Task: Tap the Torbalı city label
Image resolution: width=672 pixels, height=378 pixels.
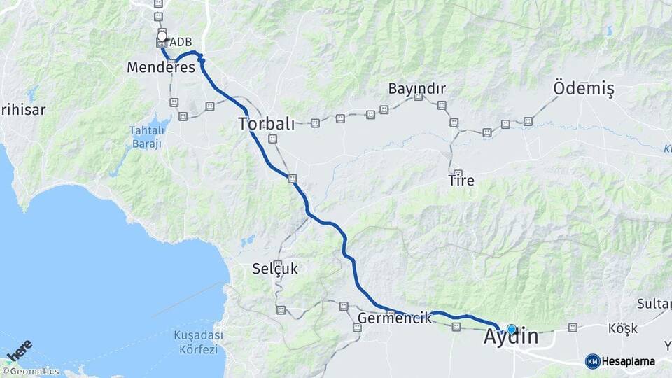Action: tap(266, 124)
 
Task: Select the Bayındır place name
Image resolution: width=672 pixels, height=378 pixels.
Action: tap(416, 89)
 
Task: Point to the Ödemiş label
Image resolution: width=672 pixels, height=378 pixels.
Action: tap(583, 89)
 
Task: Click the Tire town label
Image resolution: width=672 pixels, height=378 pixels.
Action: tap(461, 181)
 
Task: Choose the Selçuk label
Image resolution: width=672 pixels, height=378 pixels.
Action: tap(275, 268)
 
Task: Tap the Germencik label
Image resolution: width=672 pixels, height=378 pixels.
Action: tap(394, 318)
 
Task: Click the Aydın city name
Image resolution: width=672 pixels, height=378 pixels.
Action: tap(511, 337)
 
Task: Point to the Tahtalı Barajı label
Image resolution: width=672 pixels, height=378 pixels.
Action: tap(147, 136)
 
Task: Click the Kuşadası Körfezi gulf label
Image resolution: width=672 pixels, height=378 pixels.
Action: tap(198, 342)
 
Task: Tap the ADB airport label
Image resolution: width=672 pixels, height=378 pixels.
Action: tap(181, 43)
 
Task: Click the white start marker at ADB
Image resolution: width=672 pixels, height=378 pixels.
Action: tap(162, 36)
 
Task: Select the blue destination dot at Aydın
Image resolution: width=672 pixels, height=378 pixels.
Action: tap(512, 329)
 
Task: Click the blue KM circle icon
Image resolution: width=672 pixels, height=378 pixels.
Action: tap(593, 361)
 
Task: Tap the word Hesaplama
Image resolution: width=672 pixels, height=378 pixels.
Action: tap(629, 361)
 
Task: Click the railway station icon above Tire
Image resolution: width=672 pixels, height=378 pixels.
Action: tap(458, 173)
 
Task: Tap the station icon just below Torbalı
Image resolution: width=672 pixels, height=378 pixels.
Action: tap(273, 139)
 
